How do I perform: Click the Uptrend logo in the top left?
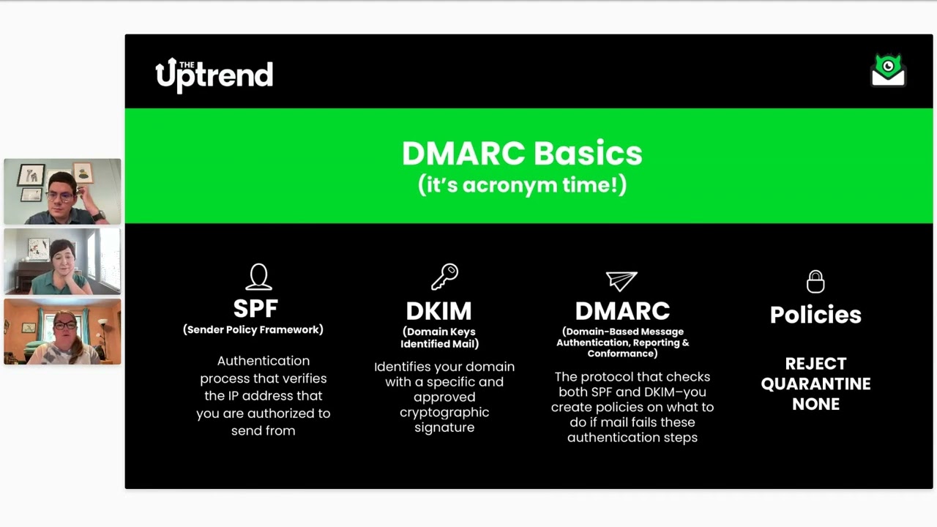[x=214, y=75]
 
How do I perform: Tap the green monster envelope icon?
[x=888, y=70]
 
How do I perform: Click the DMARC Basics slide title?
[x=522, y=154]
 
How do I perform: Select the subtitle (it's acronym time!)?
[x=522, y=184]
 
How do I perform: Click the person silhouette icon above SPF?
[x=258, y=277]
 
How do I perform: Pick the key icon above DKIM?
[x=444, y=277]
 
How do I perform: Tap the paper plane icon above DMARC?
[x=621, y=280]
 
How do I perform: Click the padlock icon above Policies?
[x=815, y=281]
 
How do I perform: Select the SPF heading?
[x=255, y=308]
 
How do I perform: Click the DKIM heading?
[x=438, y=311]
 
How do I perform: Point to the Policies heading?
[x=815, y=315]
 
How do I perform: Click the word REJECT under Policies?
[x=815, y=364]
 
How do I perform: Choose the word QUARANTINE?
[x=815, y=384]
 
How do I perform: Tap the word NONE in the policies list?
[x=815, y=404]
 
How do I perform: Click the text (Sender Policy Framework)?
[x=253, y=330]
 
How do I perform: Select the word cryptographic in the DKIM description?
[x=444, y=412]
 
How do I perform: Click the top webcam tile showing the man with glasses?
[x=62, y=192]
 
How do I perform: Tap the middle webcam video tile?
[x=62, y=261]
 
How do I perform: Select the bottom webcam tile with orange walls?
[x=62, y=332]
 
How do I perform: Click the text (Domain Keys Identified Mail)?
[x=439, y=337]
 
